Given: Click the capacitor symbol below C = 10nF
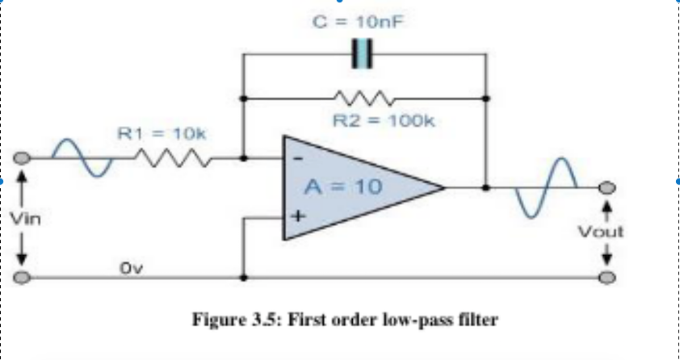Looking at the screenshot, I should coord(363,55).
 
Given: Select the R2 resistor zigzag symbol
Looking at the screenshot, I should coord(363,98).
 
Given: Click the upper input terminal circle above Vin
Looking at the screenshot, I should coord(23,158).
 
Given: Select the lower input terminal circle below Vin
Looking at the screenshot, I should coord(23,278).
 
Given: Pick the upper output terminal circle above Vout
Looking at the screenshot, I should coord(607,187).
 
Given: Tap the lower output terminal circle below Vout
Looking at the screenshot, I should coord(607,278).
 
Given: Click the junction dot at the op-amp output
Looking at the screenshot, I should coord(485,187).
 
